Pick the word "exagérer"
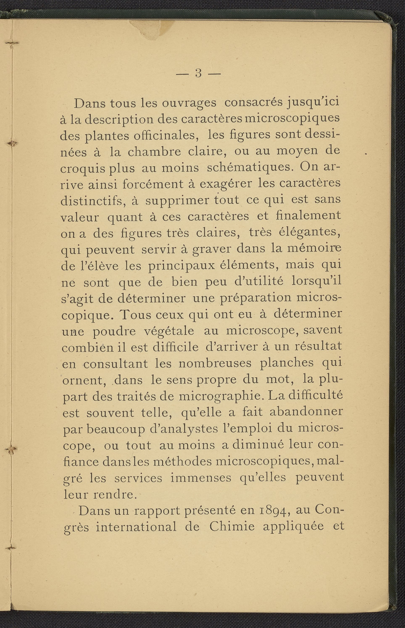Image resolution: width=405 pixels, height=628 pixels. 226,184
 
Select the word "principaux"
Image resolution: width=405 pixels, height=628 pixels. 182,266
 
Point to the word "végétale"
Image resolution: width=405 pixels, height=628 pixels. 169,331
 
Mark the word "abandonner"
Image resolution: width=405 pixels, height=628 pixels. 306,412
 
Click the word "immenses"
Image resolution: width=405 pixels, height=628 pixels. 201,478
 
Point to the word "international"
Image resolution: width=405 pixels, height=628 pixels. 136,527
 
